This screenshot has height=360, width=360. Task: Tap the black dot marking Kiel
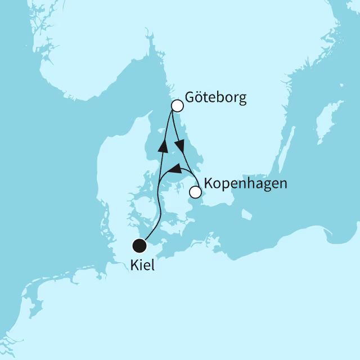(x=139, y=246)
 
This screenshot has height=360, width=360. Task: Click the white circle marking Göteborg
(x=177, y=106)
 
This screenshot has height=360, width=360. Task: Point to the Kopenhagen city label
(x=246, y=184)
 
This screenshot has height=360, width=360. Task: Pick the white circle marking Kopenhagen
(x=195, y=192)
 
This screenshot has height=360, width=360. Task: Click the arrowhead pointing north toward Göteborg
(x=163, y=146)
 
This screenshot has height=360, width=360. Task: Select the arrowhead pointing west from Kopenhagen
(x=174, y=169)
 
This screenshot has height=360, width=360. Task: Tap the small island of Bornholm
(x=246, y=214)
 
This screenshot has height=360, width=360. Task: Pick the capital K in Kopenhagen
(x=209, y=183)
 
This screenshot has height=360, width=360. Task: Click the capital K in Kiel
(x=134, y=265)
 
